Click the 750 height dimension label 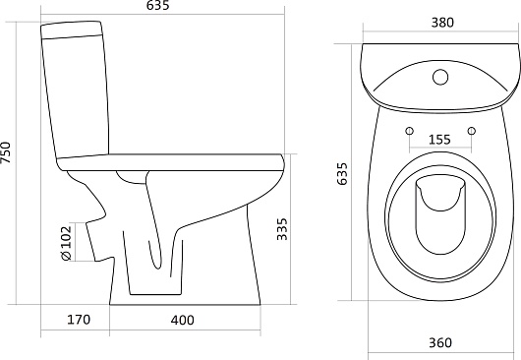[x=6, y=151]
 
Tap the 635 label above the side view [x=158, y=5]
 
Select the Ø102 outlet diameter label [x=67, y=243]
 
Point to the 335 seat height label [x=282, y=229]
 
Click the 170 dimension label [x=79, y=320]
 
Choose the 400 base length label [x=183, y=320]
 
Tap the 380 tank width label [x=442, y=23]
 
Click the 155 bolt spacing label [x=439, y=140]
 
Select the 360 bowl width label [x=440, y=342]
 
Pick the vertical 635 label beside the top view [x=342, y=173]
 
